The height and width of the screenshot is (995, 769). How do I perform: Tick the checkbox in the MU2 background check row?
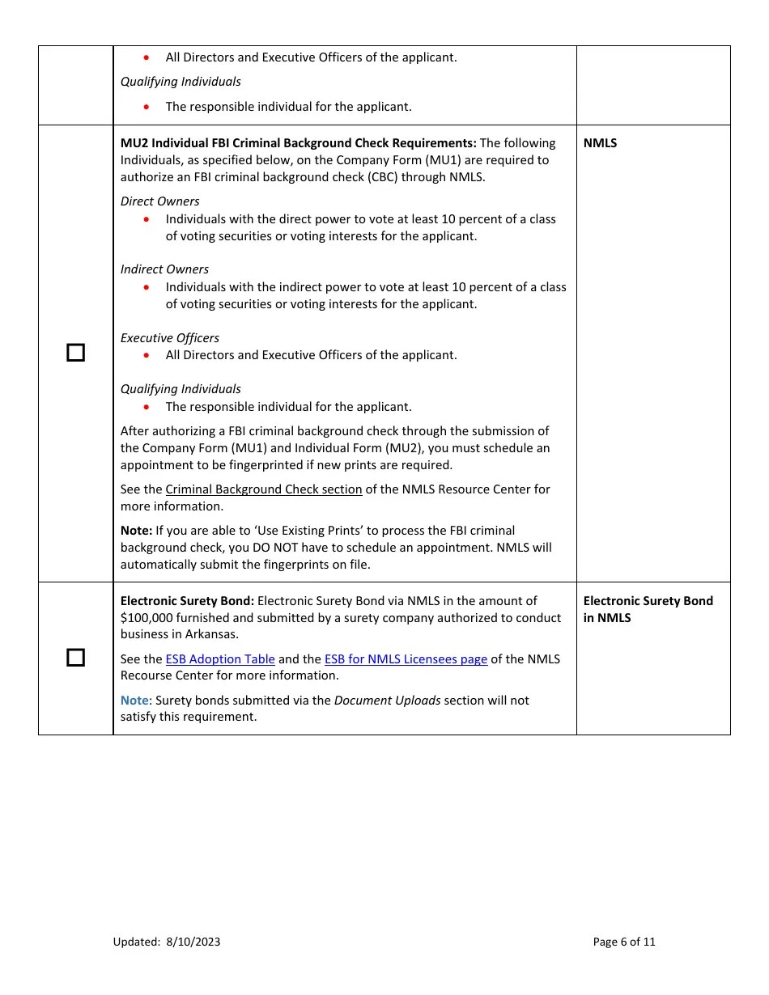tap(75, 353)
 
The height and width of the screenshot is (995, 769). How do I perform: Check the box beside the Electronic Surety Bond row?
tap(75, 658)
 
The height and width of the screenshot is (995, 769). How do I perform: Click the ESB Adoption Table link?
tap(220, 659)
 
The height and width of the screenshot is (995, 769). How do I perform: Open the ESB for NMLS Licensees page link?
tap(406, 659)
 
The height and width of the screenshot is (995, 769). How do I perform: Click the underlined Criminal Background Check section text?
tap(264, 489)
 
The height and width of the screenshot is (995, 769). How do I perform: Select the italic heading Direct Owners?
tap(159, 201)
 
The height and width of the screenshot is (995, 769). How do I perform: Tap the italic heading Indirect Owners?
tap(164, 269)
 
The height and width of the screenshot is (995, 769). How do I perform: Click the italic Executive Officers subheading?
tap(169, 338)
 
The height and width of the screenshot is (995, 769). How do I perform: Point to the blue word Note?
tap(134, 701)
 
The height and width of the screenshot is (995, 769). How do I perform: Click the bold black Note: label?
tap(136, 531)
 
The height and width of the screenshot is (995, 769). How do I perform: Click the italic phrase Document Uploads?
tap(387, 701)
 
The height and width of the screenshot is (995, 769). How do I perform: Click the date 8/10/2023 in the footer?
tap(193, 942)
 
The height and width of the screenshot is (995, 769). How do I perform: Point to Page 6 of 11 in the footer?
tap(624, 942)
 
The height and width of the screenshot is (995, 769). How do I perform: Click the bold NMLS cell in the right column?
tap(600, 143)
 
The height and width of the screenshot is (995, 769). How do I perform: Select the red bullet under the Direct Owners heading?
tap(146, 219)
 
